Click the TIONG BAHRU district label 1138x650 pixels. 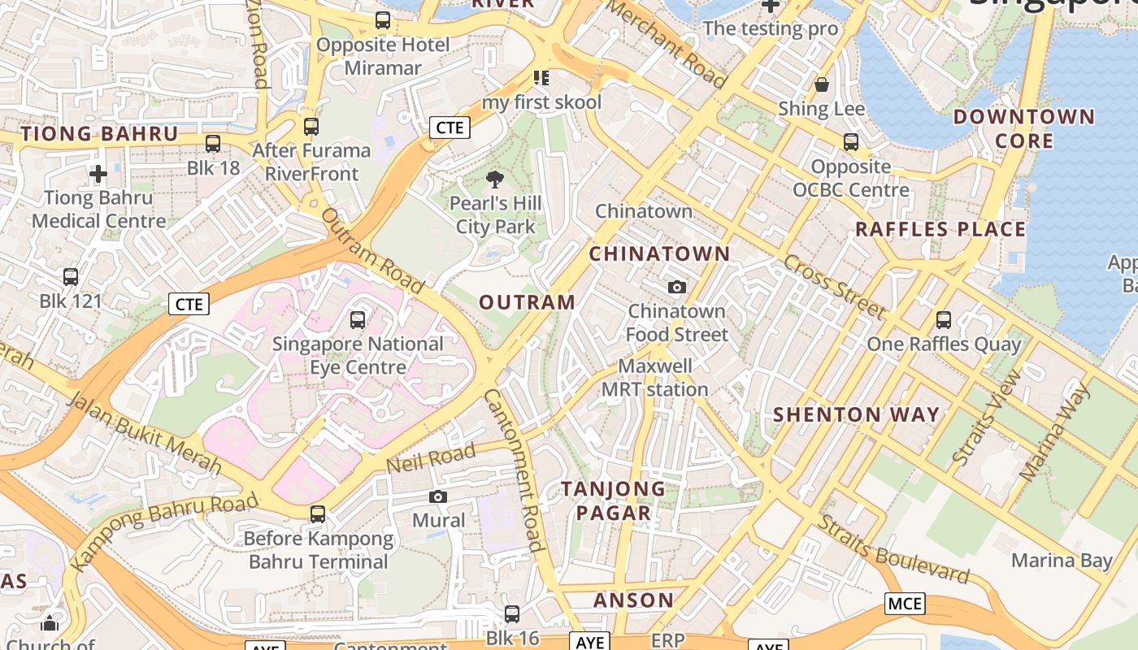(x=98, y=134)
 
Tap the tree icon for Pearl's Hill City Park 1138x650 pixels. (x=494, y=180)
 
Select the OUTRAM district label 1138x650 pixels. (x=527, y=303)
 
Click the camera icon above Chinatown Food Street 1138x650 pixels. (x=676, y=287)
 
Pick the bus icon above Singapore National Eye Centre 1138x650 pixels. (x=358, y=319)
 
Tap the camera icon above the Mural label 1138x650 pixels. (x=438, y=496)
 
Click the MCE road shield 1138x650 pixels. (x=905, y=604)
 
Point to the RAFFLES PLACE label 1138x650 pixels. (x=940, y=229)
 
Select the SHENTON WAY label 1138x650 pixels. (x=856, y=414)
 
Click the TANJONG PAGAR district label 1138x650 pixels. (x=614, y=500)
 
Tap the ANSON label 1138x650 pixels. (x=633, y=600)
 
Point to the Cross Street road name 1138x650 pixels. (x=835, y=285)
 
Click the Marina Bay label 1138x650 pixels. (x=1062, y=561)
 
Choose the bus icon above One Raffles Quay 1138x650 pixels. (x=943, y=320)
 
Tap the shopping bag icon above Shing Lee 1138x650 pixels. (x=822, y=84)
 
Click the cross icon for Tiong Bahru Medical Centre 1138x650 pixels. (x=98, y=173)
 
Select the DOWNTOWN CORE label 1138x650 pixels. (x=1023, y=128)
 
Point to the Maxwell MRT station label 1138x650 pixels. (x=655, y=378)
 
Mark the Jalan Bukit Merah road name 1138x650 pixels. (x=144, y=432)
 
